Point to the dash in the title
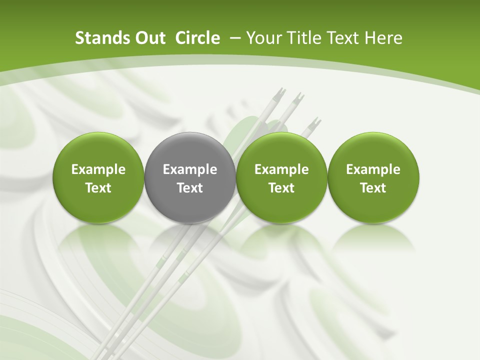[x=233, y=38]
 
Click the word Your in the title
[x=263, y=38]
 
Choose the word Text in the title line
[x=343, y=38]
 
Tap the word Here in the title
[x=383, y=38]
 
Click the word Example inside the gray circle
[x=190, y=170]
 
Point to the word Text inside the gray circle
[x=190, y=188]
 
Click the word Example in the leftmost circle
[x=98, y=170]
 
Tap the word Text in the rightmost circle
[x=373, y=188]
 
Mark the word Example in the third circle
[x=281, y=170]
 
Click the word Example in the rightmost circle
[x=373, y=170]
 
